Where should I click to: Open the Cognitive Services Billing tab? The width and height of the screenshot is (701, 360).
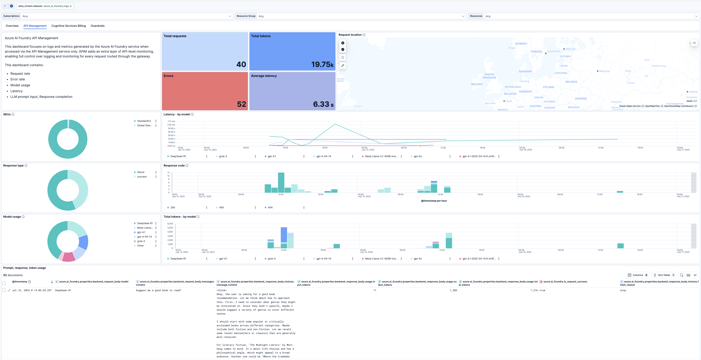coord(69,26)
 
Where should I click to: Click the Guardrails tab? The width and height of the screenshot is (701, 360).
coord(97,26)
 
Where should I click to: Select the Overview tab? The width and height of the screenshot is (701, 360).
coord(12,26)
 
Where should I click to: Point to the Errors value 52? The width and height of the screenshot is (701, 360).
coord(241,104)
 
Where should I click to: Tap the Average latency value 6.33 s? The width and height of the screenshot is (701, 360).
coord(323,104)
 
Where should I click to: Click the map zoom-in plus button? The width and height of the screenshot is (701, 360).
coord(343,43)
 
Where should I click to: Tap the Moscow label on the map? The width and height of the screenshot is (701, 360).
coord(604,71)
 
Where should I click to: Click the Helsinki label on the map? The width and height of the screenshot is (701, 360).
coord(570,49)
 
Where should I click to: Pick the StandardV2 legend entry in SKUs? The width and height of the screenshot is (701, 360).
coord(144,121)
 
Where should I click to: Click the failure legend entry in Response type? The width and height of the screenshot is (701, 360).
coord(141,172)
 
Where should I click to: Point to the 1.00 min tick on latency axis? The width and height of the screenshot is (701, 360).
coord(171,125)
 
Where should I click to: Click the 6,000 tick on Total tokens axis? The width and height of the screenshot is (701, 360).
coord(170,224)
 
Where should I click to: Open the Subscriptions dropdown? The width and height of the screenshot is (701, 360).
coord(126,16)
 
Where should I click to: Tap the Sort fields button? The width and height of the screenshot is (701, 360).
coord(664,275)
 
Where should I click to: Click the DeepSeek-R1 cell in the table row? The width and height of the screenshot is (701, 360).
coord(63,290)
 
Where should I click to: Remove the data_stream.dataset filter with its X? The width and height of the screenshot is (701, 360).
coord(71,6)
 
